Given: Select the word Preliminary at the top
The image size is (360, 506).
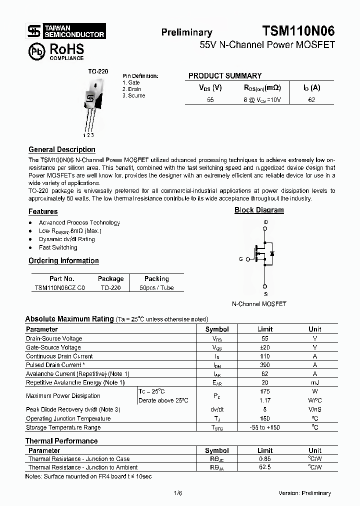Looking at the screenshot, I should click(x=186, y=32).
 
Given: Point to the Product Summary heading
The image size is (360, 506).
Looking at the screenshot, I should click(x=224, y=76).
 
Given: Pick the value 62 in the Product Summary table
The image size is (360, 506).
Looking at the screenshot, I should click(x=311, y=99).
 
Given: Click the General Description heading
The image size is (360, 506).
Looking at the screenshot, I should click(x=61, y=149).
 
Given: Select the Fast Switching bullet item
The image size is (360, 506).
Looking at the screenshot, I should click(x=58, y=247).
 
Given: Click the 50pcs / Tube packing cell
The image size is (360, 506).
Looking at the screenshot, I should click(x=156, y=288).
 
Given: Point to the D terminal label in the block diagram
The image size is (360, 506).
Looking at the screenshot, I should click(x=265, y=222).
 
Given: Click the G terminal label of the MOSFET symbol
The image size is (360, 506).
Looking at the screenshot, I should click(x=241, y=259).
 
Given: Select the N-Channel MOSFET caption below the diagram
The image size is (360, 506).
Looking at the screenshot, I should click(x=259, y=303).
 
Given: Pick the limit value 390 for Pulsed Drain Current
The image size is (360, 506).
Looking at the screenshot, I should click(x=264, y=365).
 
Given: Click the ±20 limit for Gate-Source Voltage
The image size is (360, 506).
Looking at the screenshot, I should click(x=264, y=347).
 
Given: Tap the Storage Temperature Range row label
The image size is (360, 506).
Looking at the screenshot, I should click(x=63, y=427).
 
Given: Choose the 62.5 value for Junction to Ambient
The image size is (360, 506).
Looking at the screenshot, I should click(x=264, y=467).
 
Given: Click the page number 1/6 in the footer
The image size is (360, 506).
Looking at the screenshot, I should click(x=178, y=493).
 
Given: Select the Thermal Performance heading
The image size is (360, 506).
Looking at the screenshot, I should click(x=61, y=441).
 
